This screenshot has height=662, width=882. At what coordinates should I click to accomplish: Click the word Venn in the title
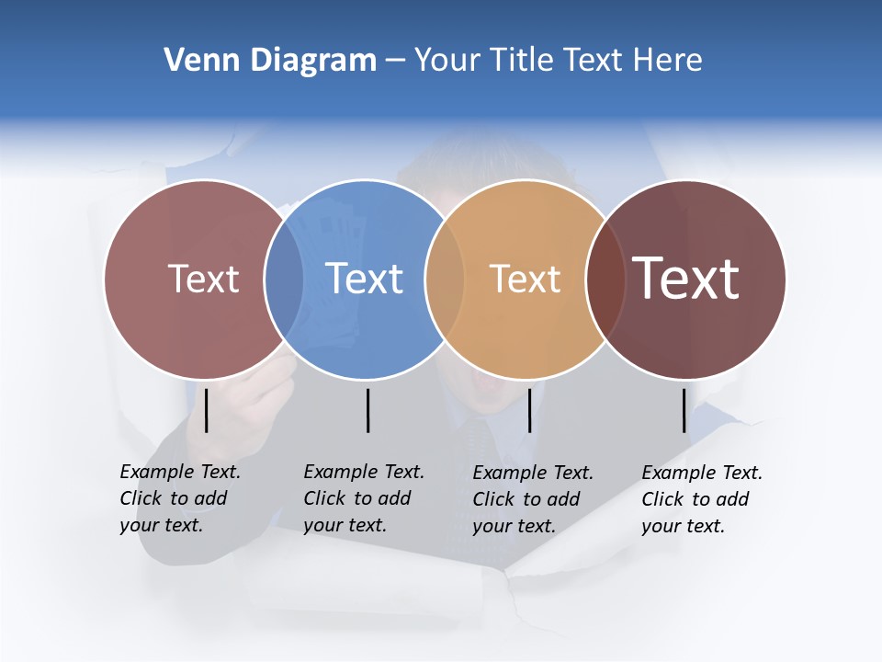(195, 61)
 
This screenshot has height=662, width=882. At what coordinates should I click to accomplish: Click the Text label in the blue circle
(365, 279)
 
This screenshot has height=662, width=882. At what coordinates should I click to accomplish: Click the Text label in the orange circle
(525, 279)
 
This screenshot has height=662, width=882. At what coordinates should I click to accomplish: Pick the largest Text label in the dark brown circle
(686, 279)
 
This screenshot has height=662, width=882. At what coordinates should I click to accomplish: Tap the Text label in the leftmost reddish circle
(204, 279)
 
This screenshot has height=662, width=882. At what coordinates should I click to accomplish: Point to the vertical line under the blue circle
(367, 410)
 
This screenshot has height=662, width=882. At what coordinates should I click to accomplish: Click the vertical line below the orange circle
(530, 410)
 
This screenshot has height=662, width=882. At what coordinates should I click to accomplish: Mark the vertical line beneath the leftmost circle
(206, 410)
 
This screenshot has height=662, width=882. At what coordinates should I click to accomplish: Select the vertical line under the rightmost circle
(684, 410)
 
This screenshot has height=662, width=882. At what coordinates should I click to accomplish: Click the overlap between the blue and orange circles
(445, 279)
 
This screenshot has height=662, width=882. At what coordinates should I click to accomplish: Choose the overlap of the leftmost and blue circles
(284, 279)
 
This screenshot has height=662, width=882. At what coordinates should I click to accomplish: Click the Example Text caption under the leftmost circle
(180, 498)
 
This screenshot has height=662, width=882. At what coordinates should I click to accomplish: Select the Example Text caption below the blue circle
(364, 498)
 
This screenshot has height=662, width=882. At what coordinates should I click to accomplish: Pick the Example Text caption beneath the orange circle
(533, 499)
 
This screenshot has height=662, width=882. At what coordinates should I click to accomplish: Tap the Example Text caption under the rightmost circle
(702, 499)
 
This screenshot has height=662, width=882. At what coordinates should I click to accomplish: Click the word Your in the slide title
(447, 61)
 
